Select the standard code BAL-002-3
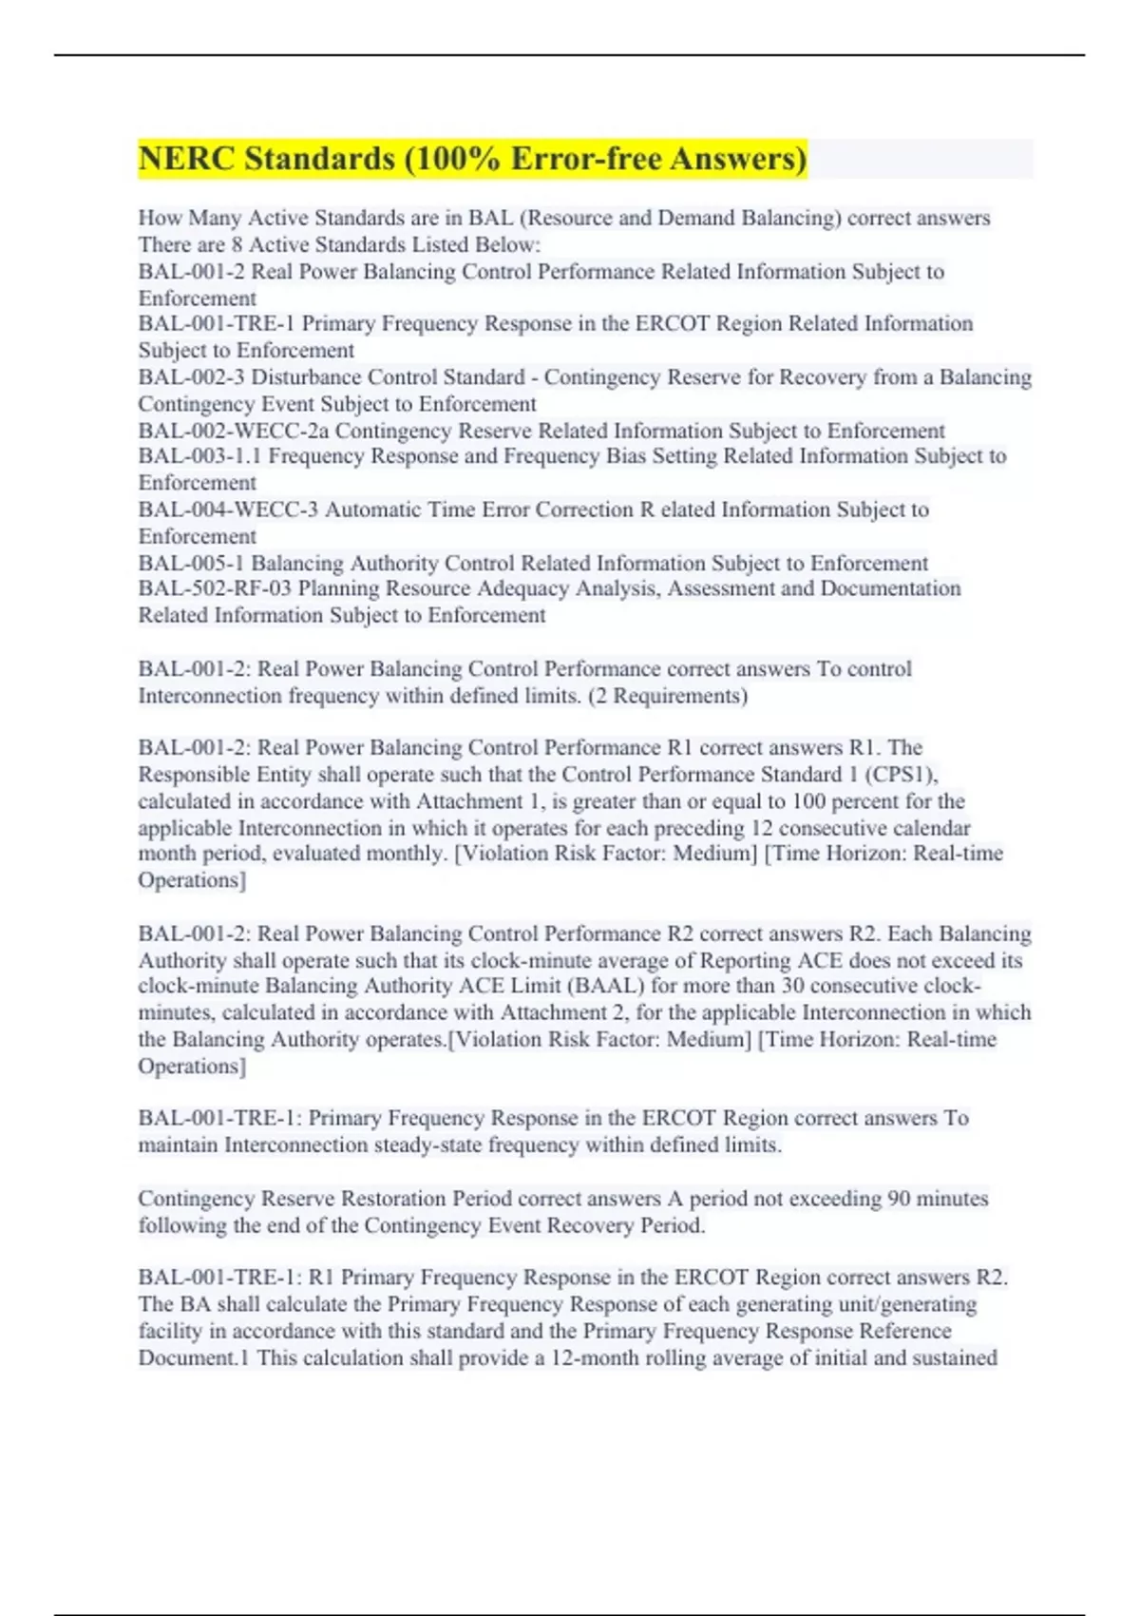[x=191, y=377]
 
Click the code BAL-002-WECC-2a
[x=233, y=431]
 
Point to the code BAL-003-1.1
[x=199, y=456]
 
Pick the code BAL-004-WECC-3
[x=228, y=510]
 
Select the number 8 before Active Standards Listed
[x=237, y=244]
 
